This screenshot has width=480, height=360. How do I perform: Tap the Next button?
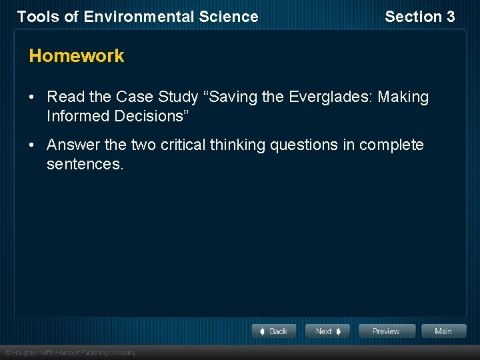pyautogui.click(x=327, y=331)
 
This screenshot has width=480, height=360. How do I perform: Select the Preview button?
pyautogui.click(x=386, y=331)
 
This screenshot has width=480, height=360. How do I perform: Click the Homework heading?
pyautogui.click(x=77, y=56)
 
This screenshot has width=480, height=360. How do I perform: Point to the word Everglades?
pyautogui.click(x=331, y=97)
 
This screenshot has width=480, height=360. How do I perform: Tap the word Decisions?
pyautogui.click(x=153, y=116)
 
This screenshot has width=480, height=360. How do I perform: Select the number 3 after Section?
pyautogui.click(x=449, y=17)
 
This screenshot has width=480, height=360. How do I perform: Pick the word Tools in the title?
pyautogui.click(x=37, y=17)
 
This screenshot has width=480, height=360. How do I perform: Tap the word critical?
pyautogui.click(x=183, y=145)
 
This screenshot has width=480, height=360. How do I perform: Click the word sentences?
pyautogui.click(x=85, y=164)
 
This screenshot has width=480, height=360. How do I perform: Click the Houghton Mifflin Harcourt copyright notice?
pyautogui.click(x=70, y=352)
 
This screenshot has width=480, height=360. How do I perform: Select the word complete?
pyautogui.click(x=393, y=145)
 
